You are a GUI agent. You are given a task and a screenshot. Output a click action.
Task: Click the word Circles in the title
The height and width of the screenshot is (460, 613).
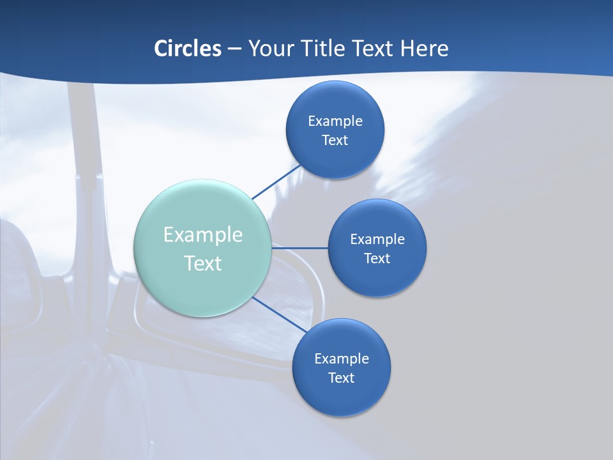pyautogui.click(x=188, y=49)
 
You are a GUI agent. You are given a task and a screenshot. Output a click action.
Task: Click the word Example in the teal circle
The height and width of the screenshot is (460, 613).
pyautogui.click(x=203, y=235)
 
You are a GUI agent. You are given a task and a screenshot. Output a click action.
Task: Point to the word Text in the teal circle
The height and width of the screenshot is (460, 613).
pyautogui.click(x=203, y=263)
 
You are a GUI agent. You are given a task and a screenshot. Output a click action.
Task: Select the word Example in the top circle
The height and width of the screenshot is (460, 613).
pyautogui.click(x=335, y=121)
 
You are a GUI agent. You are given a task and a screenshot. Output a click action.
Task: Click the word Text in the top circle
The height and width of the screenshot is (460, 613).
pyautogui.click(x=335, y=140)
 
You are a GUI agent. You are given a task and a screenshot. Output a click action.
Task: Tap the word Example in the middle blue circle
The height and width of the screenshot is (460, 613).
pyautogui.click(x=377, y=239)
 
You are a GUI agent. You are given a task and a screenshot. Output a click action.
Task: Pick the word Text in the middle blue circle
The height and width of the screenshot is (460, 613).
pyautogui.click(x=377, y=258)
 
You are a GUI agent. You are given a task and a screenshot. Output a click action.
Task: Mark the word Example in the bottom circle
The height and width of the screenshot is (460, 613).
pyautogui.click(x=341, y=358)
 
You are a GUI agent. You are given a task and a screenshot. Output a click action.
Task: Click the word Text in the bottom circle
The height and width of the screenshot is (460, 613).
pyautogui.click(x=341, y=378)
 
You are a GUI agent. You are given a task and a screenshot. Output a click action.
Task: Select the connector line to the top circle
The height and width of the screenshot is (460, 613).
pyautogui.click(x=276, y=181)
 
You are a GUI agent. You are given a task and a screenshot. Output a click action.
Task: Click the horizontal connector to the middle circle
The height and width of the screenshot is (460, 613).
pyautogui.click(x=300, y=247)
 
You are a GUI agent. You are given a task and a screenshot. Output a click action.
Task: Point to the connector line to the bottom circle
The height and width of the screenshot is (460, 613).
pyautogui.click(x=279, y=314)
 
